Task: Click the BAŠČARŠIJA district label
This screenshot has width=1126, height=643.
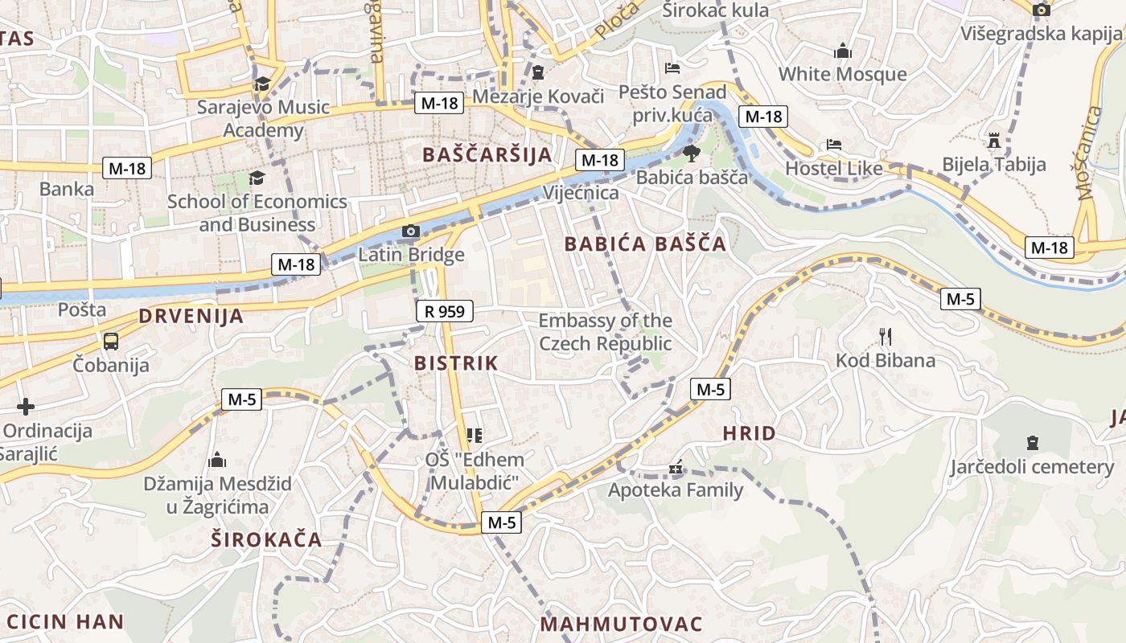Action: coord(487,155)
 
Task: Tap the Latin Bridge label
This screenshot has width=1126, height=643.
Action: coord(411,255)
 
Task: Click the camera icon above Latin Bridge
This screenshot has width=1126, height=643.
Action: coord(411,231)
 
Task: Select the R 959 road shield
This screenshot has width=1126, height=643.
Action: coord(445,311)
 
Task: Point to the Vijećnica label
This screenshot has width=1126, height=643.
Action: coord(581,193)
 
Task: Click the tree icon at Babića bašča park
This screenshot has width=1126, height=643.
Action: coord(690,154)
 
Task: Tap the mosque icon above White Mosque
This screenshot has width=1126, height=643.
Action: coord(843,51)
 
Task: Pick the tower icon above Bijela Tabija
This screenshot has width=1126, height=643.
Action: coord(995,141)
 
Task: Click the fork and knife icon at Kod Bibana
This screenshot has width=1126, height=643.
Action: coord(886,336)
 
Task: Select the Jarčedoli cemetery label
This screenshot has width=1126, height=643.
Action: coord(1032,467)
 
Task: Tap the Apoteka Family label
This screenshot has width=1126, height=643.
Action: coord(676,489)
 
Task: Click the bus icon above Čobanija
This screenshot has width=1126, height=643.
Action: coord(111,342)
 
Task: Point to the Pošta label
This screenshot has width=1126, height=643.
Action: coord(82,309)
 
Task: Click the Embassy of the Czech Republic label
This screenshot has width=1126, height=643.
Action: coord(605,332)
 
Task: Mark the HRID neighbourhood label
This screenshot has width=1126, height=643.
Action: coord(749,434)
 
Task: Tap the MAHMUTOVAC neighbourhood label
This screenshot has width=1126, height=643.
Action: coord(621,625)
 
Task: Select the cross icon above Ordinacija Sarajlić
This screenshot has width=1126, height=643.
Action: coord(26,407)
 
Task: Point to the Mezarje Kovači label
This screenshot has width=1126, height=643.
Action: coord(538,96)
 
